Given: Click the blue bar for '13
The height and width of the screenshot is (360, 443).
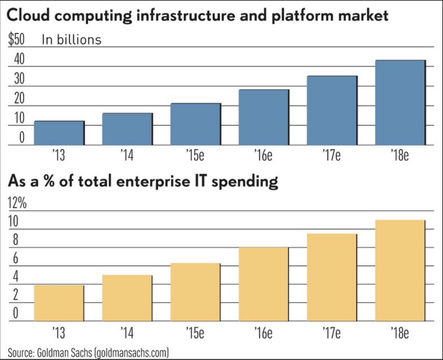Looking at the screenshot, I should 59,133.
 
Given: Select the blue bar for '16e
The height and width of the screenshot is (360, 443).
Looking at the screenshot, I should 264,118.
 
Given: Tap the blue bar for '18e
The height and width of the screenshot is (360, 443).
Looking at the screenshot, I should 400,103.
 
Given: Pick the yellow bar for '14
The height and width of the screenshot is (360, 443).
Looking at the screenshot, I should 127,298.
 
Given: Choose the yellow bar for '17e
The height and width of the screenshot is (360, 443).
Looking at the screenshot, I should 332,277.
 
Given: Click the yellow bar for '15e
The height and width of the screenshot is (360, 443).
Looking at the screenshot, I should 195,292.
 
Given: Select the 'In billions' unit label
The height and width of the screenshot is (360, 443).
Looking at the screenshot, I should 72,39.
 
